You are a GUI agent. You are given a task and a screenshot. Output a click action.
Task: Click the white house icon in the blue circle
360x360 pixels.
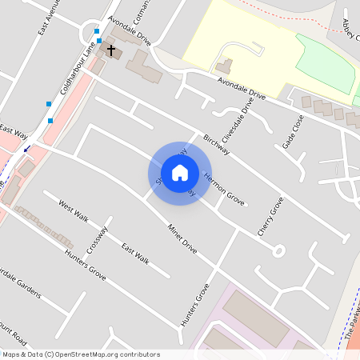point(180,173)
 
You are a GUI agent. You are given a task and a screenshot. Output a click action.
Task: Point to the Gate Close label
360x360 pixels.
point(294,131)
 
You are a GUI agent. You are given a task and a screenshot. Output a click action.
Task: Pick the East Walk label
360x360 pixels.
point(135,254)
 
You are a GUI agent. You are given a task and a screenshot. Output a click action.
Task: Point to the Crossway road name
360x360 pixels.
point(97,240)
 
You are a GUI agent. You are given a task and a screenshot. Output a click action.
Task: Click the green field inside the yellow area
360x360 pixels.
point(327,64)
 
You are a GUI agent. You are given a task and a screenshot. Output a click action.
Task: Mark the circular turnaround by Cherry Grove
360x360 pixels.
point(278,251)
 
